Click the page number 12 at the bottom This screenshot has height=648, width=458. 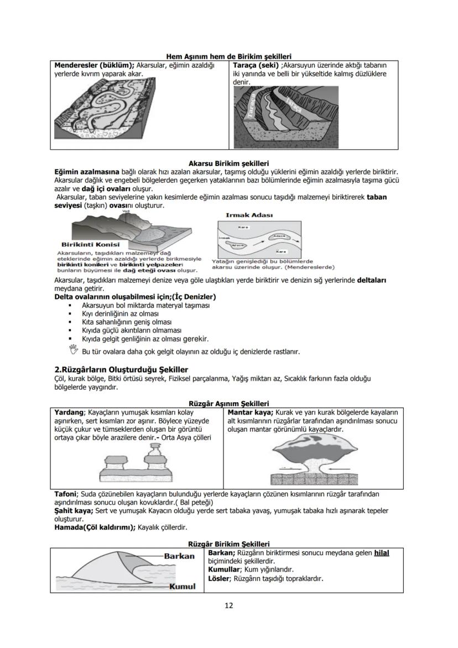228,605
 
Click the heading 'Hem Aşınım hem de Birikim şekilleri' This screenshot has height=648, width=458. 229,56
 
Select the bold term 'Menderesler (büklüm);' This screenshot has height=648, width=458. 94,65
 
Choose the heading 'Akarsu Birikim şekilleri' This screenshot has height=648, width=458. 228,164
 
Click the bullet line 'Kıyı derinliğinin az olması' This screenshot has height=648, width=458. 112,313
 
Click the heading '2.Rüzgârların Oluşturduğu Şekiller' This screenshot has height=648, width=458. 121,369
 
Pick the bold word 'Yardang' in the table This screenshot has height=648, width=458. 69,412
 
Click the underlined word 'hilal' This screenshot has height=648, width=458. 382,553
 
